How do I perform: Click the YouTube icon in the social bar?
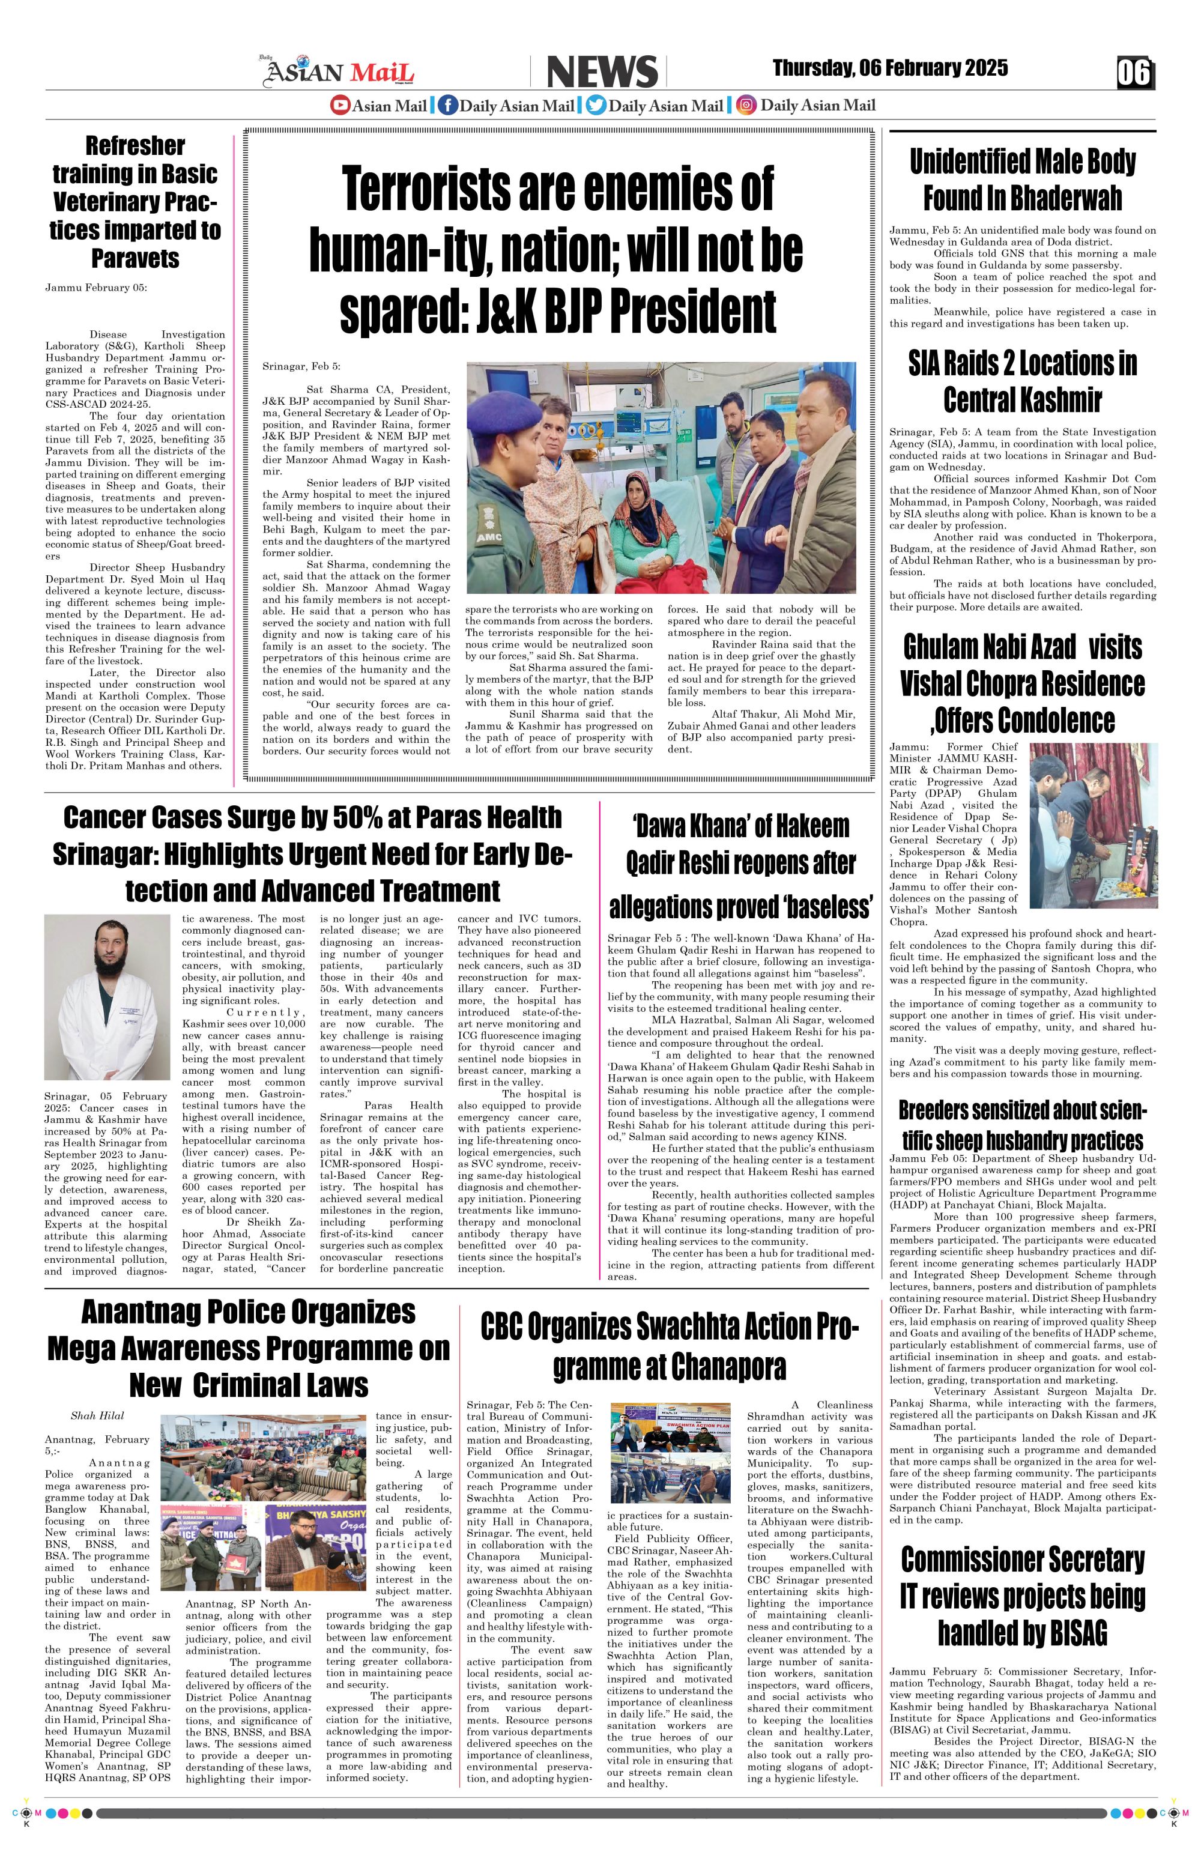340,105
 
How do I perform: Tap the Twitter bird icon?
595,105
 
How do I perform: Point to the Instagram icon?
746,105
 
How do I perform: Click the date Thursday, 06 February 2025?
890,68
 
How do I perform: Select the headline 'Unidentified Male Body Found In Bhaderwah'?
1023,180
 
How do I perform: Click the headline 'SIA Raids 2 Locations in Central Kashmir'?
1023,381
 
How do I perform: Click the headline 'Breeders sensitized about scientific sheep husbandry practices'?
1023,1125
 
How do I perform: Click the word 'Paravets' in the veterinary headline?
136,258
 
